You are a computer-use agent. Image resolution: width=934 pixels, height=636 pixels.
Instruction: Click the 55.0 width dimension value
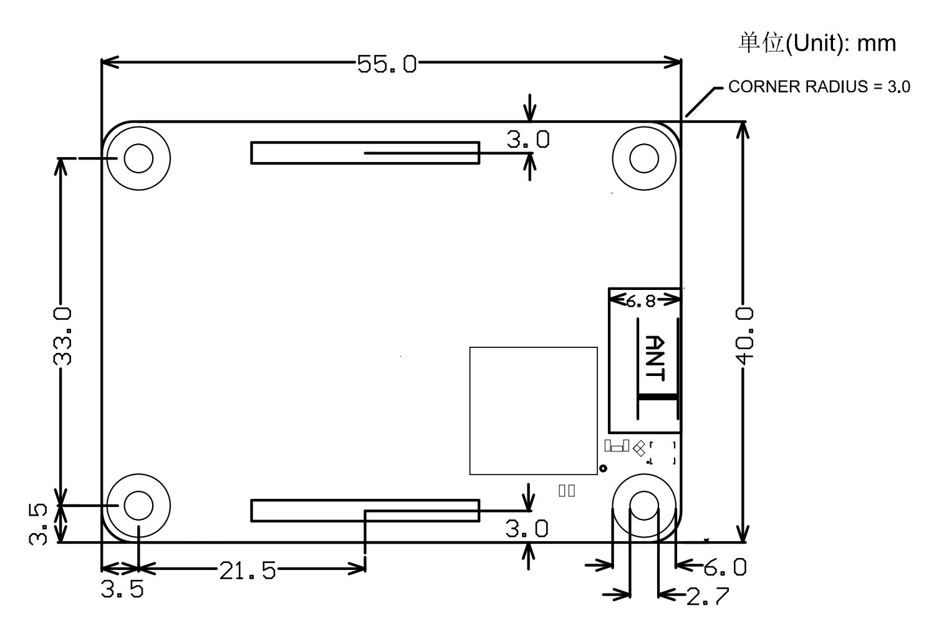click(x=387, y=64)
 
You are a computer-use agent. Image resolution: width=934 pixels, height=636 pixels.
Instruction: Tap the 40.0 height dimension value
click(x=744, y=335)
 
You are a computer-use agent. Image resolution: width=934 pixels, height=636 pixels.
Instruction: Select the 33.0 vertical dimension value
click(x=62, y=336)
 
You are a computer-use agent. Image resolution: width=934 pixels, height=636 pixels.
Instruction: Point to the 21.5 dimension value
click(x=248, y=571)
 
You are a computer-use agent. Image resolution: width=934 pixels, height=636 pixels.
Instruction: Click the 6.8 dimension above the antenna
click(x=640, y=301)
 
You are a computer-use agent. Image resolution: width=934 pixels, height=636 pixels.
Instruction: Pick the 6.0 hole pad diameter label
click(x=725, y=567)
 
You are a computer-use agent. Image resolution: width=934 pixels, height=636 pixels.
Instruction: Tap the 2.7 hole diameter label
click(x=708, y=596)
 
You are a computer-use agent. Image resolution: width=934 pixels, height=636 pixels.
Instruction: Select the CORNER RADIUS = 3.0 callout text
click(x=819, y=87)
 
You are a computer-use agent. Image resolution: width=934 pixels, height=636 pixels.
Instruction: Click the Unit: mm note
click(x=817, y=43)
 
